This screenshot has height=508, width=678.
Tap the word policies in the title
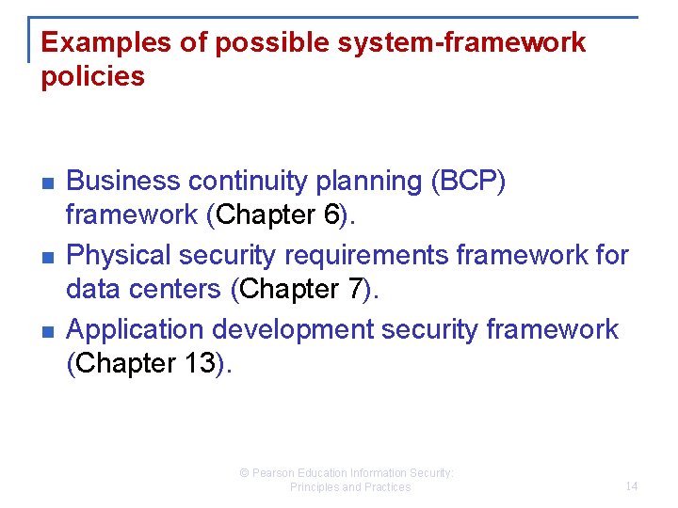93,77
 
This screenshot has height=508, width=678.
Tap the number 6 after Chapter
331,215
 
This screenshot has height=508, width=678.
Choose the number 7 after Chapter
355,290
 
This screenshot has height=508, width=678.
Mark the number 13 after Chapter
201,364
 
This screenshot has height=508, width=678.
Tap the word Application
136,329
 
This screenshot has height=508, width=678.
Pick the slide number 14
631,486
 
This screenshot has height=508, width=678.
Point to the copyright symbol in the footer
245,473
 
